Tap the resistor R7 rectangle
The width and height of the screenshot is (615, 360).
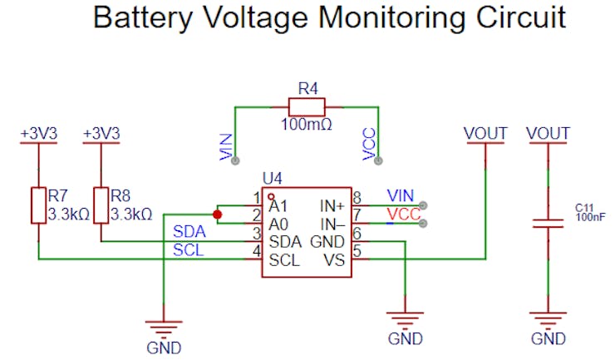[x=38, y=205]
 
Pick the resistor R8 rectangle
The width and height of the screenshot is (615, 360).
[x=101, y=205]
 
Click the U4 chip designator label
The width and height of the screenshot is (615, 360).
[x=273, y=178]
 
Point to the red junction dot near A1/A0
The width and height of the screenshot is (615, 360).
[x=218, y=215]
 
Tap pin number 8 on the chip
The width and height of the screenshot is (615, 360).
[x=357, y=197]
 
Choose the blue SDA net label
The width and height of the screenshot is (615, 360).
[x=188, y=231]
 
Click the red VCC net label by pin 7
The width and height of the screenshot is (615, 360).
[x=403, y=215]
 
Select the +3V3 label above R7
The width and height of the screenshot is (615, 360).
[x=38, y=133]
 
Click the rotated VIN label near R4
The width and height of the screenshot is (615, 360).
[x=225, y=146]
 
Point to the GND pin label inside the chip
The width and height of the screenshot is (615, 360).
[x=327, y=241]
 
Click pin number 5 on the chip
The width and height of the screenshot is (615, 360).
[x=357, y=252]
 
